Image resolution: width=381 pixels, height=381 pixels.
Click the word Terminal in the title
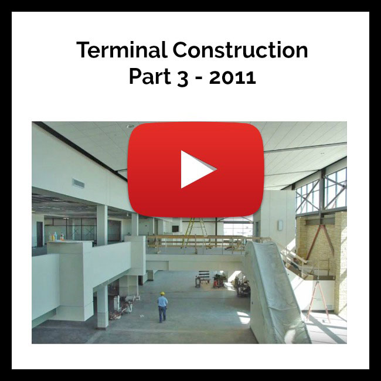coord(121,50)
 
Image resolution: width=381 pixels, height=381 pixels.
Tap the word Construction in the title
coord(240,50)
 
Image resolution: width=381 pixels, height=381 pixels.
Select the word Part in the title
coord(150,77)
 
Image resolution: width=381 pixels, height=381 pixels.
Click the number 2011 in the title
coord(233,77)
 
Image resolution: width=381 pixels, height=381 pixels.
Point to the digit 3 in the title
coord(182,78)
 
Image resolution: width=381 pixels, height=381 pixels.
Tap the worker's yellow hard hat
coord(162,293)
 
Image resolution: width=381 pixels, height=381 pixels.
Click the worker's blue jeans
coord(162,314)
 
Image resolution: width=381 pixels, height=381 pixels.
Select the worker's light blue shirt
coord(162,301)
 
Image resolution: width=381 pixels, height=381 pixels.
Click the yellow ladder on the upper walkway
coord(196,232)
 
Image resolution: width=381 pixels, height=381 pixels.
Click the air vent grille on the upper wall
coord(79,183)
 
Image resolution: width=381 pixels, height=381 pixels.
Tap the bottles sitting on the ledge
coord(56,237)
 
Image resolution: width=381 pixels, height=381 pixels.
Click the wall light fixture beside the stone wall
coord(280,224)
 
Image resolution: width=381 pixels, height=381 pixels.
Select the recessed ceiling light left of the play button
coord(130,127)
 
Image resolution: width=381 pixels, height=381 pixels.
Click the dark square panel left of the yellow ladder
coord(175,229)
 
